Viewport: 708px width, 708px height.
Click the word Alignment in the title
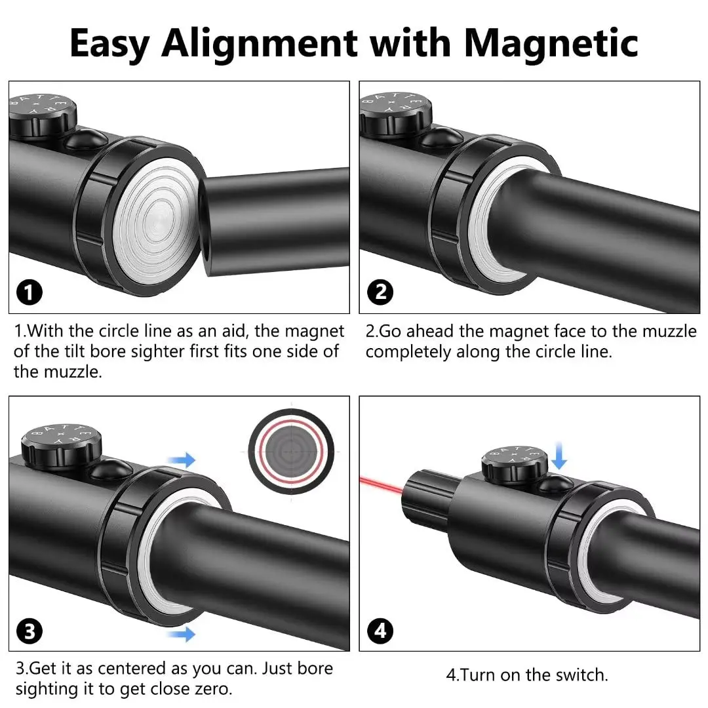[x=259, y=44]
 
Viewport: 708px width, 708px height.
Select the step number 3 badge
[x=29, y=631]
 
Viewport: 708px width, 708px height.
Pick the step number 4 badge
[x=382, y=631]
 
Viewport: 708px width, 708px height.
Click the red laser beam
[x=380, y=483]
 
